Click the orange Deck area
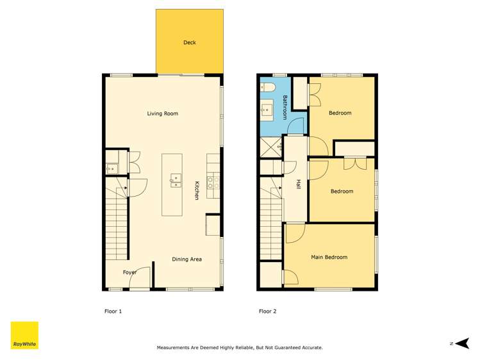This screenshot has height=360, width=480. (x=190, y=42)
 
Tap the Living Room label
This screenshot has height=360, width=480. (x=162, y=114)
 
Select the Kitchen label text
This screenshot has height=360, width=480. (x=197, y=190)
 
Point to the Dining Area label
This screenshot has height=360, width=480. (x=186, y=259)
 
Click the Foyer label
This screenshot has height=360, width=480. (x=130, y=273)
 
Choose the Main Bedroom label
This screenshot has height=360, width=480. (x=329, y=258)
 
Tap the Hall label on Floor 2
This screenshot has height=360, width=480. (x=299, y=184)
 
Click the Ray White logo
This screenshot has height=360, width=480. (x=24, y=335)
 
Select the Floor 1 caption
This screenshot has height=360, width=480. (x=113, y=312)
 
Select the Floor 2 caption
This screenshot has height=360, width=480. (x=267, y=312)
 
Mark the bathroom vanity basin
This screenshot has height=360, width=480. (x=267, y=111)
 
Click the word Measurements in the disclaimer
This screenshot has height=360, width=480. (x=176, y=348)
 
